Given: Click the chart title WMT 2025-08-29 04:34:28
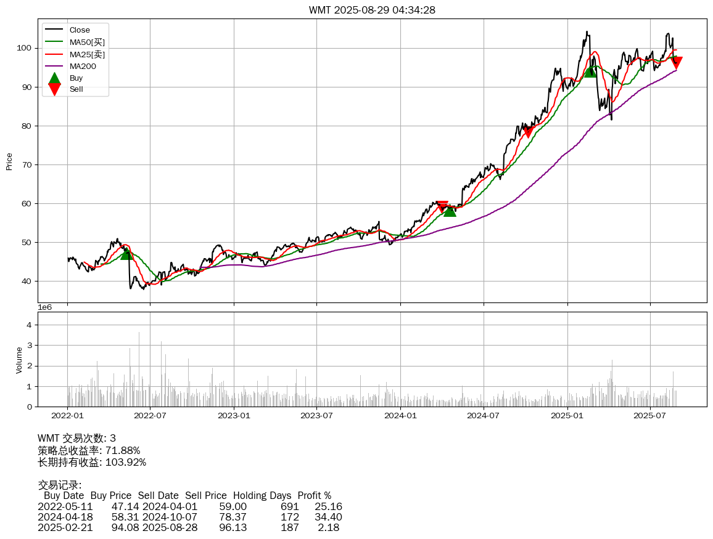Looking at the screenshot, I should [372, 10].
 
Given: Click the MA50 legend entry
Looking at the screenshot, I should [87, 42].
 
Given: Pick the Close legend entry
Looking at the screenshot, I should [80, 30].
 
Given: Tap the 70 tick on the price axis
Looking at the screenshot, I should [27, 164].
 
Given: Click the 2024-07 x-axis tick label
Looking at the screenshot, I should [484, 416].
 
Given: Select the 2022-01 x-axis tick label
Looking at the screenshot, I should [67, 416].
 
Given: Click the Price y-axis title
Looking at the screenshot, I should [9, 161].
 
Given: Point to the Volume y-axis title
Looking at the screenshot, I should [19, 360].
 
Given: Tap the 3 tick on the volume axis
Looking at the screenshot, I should [29, 345].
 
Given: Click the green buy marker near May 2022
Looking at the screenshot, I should [126, 253].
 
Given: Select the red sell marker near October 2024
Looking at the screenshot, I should [527, 132].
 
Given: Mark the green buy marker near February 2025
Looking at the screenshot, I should [590, 71].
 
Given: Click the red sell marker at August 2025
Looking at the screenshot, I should [677, 63].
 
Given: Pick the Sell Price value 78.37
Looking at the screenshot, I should [233, 517].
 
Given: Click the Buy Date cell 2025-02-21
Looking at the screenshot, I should [65, 527].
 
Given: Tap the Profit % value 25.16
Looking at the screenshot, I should [328, 506].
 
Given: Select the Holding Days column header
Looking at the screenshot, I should [262, 495].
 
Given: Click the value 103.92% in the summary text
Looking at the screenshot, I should [126, 462].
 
